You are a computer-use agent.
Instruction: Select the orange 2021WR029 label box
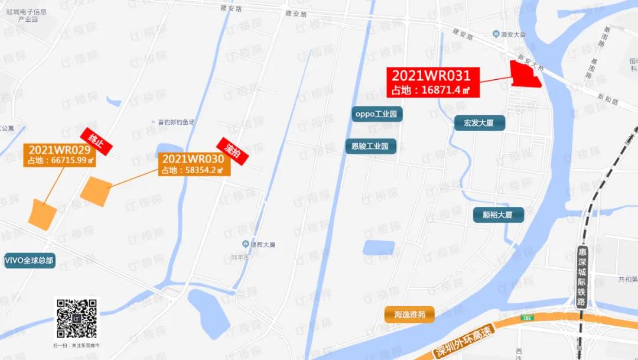click(60, 155)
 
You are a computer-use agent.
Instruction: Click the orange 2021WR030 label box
click(193, 164)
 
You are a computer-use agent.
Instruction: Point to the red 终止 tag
click(96, 141)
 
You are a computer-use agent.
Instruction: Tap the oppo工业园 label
click(377, 113)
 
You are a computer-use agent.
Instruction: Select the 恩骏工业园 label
click(370, 146)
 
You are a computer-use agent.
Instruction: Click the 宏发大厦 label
click(479, 123)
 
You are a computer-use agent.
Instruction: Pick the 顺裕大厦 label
click(498, 215)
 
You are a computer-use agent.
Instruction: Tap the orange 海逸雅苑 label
click(409, 314)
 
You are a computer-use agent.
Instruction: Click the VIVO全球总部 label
click(30, 260)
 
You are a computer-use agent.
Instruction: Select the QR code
click(77, 319)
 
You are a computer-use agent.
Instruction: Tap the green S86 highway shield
click(526, 318)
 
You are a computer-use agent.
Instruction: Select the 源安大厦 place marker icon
click(496, 34)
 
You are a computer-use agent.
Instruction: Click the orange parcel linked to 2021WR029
click(43, 215)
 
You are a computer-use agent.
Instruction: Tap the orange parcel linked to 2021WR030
click(96, 192)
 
